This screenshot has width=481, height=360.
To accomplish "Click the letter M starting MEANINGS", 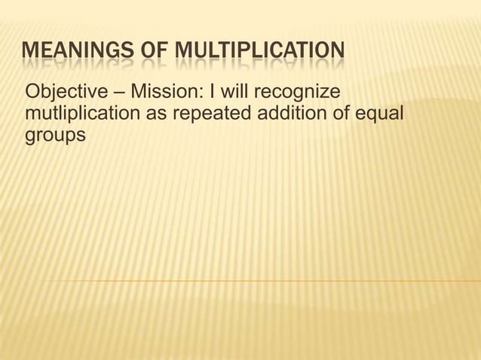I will tap(30, 53).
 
